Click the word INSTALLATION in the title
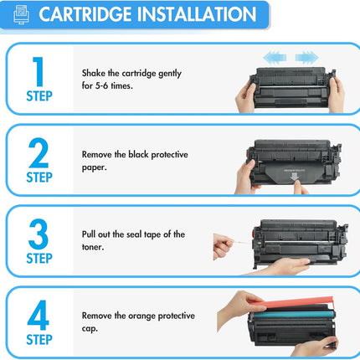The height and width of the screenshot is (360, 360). click(x=198, y=15)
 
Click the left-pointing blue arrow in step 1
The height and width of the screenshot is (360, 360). click(x=275, y=57)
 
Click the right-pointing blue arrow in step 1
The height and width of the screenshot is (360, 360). click(x=306, y=57)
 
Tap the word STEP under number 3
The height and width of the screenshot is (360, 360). click(x=39, y=257)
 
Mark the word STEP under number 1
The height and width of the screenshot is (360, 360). click(x=39, y=96)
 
